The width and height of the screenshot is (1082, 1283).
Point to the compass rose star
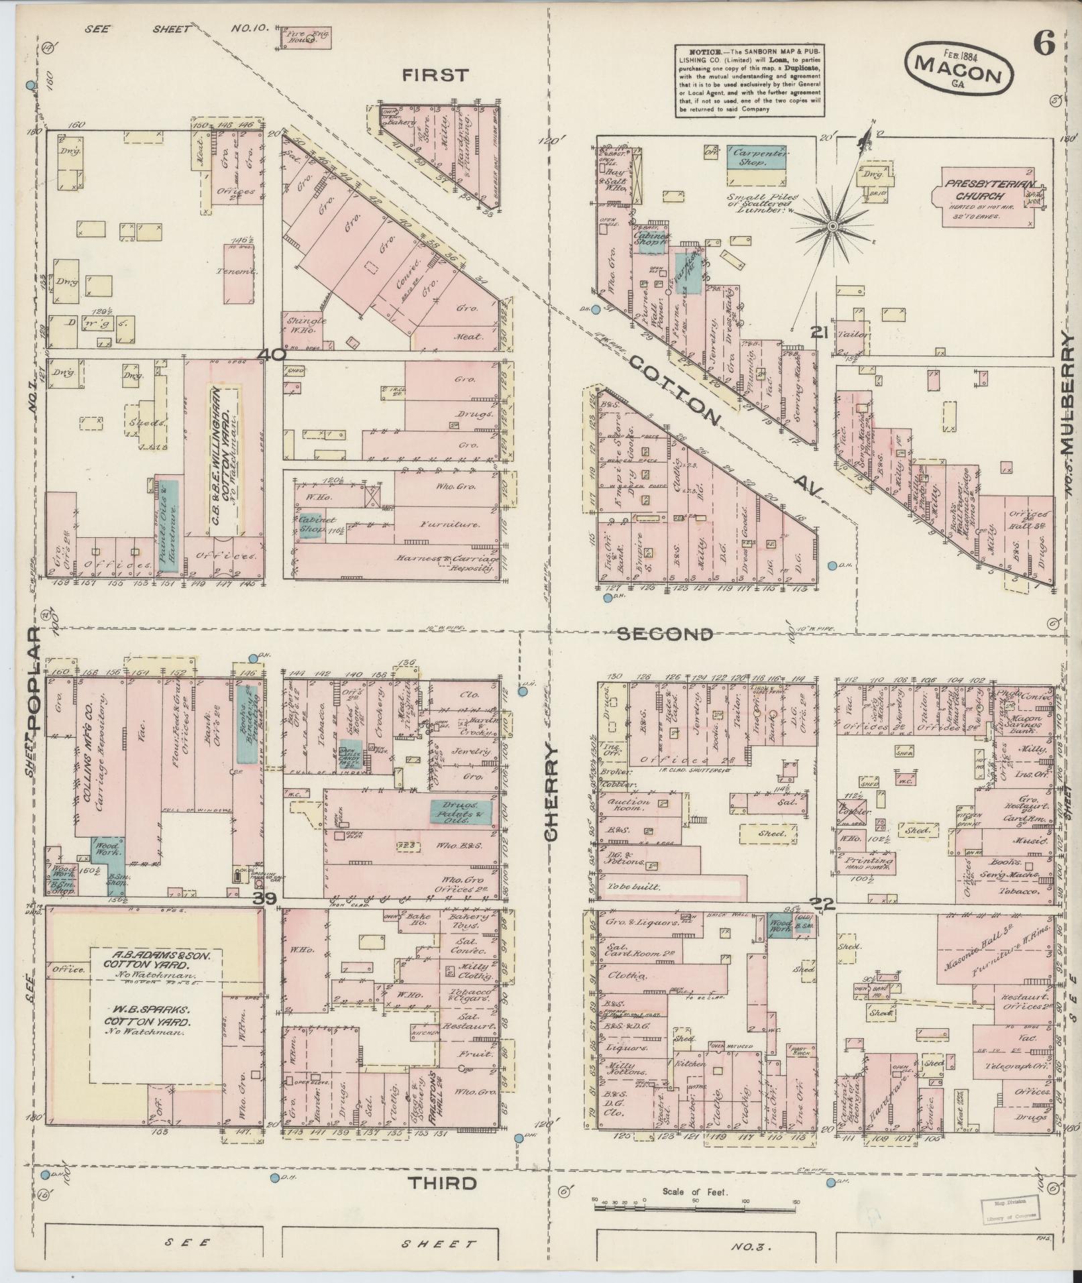point(832,227)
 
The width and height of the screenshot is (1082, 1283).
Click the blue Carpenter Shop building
point(757,156)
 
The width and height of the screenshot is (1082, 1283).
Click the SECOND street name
point(664,634)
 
